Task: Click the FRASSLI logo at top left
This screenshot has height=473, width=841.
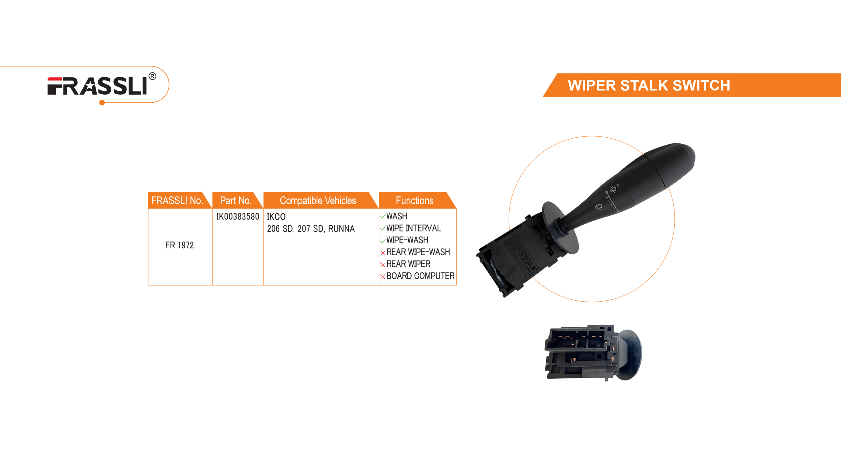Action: coord(97,86)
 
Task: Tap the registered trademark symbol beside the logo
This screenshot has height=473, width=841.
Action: coord(152,77)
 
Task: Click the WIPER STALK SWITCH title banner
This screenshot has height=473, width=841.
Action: coord(649,85)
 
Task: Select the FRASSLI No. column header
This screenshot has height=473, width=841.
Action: coord(177,200)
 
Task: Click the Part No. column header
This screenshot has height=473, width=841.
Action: coord(236,200)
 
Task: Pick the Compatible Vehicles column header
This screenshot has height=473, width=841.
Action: coord(318,200)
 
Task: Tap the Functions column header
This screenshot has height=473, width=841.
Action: coord(414,200)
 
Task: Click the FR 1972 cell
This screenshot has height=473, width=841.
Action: coord(179,245)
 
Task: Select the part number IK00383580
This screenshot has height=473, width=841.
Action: coord(238,216)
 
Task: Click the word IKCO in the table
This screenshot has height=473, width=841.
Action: coord(276,217)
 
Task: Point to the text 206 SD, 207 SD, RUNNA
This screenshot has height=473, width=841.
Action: coord(311,229)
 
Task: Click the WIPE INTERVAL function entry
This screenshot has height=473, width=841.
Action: coord(413,228)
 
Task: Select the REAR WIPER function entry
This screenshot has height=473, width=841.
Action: coord(408,264)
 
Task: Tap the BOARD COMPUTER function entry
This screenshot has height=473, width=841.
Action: coord(420,276)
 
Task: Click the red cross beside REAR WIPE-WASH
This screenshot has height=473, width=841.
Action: coord(383,253)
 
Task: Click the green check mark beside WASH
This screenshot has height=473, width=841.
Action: coord(383,216)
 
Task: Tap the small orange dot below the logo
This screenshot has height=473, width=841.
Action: coord(102,103)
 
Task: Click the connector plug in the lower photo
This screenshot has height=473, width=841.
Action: coord(578,351)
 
